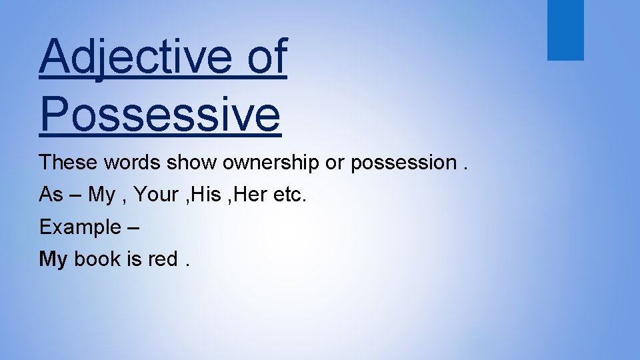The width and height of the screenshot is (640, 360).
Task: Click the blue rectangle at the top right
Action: [565, 29]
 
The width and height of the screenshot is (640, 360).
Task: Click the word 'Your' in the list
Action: [157, 195]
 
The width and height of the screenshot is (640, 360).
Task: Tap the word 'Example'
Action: [79, 227]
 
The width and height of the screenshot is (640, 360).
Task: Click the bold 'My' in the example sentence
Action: [53, 259]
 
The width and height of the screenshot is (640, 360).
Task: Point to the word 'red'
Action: [163, 259]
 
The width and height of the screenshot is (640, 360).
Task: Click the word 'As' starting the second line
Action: [51, 195]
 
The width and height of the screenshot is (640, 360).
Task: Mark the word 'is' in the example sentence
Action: [134, 259]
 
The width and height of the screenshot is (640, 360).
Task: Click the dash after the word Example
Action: [132, 227]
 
